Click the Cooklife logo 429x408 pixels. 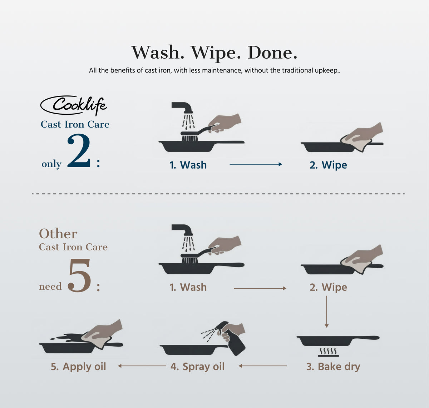[74, 105]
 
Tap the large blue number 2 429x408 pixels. [79, 151]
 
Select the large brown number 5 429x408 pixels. [79, 275]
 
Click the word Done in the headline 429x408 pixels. [272, 53]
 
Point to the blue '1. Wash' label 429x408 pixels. [188, 165]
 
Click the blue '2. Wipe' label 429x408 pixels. [328, 165]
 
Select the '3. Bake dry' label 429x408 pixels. [333, 367]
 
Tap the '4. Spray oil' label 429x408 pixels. [197, 367]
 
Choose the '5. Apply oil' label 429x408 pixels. [78, 367]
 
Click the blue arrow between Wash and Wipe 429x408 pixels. [256, 164]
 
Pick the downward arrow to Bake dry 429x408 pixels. [326, 312]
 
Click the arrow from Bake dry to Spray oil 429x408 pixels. [263, 366]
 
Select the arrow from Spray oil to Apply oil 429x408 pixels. [142, 366]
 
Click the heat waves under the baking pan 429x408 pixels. [329, 351]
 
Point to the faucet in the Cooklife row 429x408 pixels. [182, 107]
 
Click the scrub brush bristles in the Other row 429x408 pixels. [189, 261]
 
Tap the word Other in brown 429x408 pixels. [58, 234]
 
